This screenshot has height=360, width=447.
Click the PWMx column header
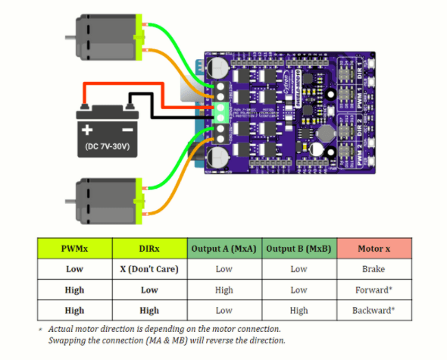point(74,249)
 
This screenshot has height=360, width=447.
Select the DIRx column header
point(149,249)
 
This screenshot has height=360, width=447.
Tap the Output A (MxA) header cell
point(223,249)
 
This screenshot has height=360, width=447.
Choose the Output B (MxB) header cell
point(299,249)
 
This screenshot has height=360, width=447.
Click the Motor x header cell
point(374,249)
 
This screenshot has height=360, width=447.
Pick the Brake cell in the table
point(374,269)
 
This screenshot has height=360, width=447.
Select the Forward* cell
point(374,290)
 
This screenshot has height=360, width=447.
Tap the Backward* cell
point(374,310)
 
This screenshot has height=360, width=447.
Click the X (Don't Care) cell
point(149,269)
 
